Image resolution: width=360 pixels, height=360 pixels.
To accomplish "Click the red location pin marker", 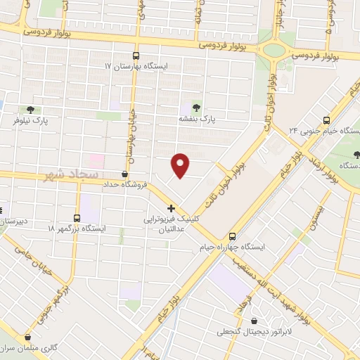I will (x=181, y=164).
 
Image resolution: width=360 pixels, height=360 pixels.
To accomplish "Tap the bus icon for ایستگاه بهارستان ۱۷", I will (x=136, y=56).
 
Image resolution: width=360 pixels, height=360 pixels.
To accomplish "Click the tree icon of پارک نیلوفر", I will (x=30, y=109).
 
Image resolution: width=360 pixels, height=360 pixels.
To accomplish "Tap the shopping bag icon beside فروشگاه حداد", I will (x=125, y=174).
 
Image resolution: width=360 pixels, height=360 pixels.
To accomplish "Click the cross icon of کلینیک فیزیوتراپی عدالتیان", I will (x=171, y=208).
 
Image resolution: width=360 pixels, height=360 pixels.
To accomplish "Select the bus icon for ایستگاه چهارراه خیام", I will (x=233, y=236).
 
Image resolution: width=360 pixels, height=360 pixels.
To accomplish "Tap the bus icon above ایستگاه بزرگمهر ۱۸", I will (x=77, y=218).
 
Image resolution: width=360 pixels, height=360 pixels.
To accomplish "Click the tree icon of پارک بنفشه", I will (x=195, y=108).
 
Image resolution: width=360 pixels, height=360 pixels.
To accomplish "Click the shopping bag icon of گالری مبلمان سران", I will (x=28, y=337).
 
